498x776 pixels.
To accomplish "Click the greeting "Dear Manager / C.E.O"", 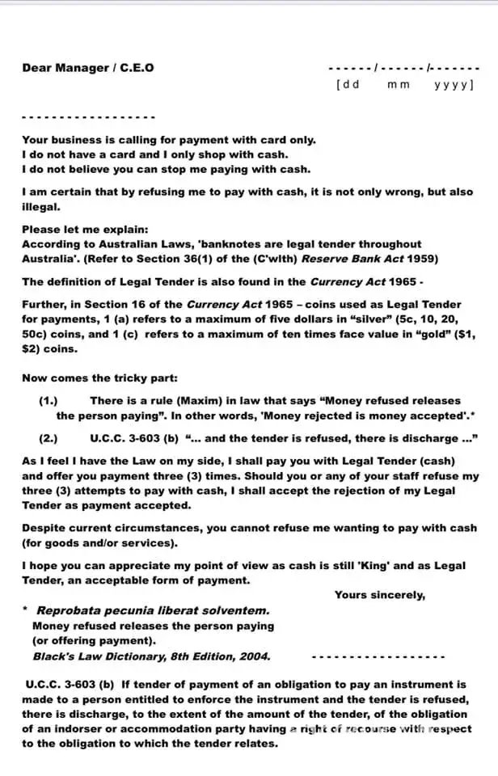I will coord(87,67).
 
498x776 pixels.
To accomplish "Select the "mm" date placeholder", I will coord(399,84).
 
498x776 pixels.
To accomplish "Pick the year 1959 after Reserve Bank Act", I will coord(422,259).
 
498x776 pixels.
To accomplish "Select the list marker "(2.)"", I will coord(49,439).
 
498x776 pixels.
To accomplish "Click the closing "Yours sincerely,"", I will coord(379,595).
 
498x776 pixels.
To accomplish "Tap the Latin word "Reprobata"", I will coord(71,610).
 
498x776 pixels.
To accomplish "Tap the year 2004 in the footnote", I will coord(255,656).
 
